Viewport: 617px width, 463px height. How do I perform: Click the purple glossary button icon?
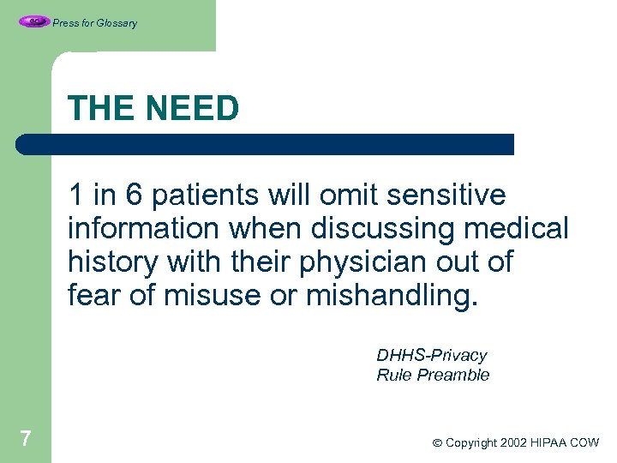click(34, 21)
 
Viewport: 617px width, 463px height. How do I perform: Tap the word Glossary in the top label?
click(117, 23)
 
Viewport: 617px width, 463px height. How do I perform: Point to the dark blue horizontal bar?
click(266, 144)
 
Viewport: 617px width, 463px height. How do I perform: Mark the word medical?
click(524, 229)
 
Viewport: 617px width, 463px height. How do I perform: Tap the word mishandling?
click(390, 295)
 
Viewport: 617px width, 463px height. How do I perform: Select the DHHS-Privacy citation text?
click(431, 355)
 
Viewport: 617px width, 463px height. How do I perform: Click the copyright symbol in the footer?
click(436, 443)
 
